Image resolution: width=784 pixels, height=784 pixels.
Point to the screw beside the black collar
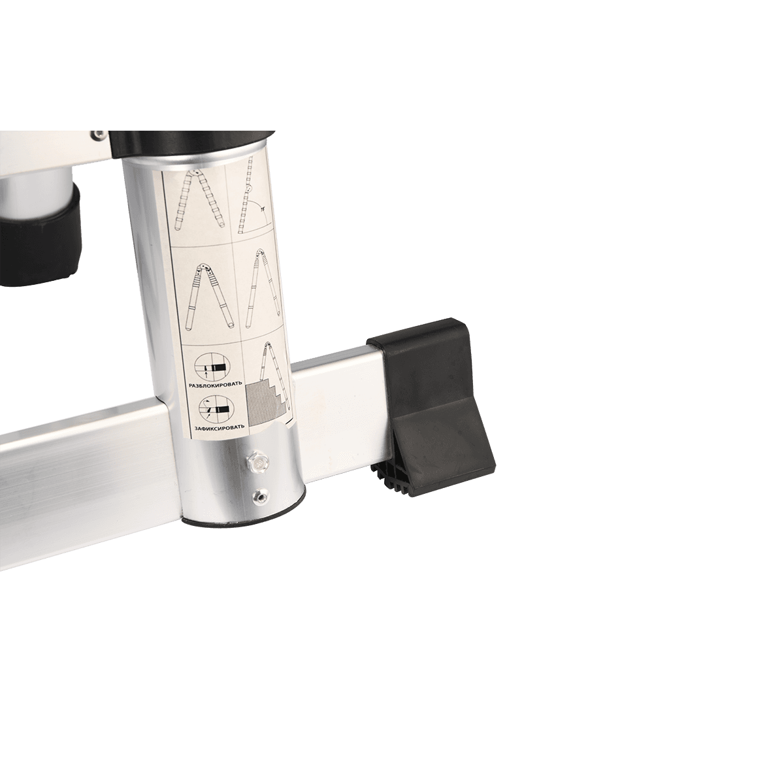coord(97,134)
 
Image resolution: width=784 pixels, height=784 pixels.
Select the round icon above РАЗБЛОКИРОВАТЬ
coord(212,366)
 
